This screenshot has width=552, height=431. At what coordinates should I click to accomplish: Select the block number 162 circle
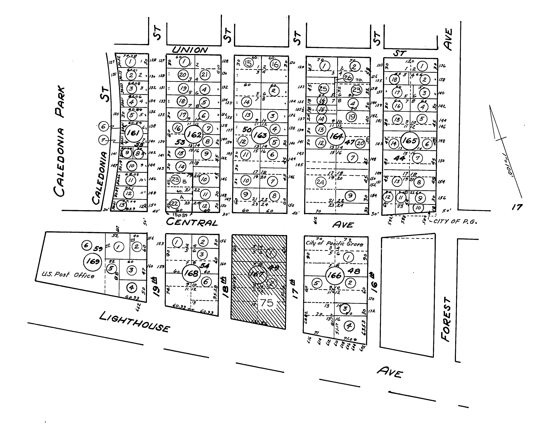click(x=194, y=134)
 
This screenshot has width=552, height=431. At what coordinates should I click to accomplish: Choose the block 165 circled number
click(x=409, y=141)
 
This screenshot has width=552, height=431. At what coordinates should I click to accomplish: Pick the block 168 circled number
click(x=191, y=273)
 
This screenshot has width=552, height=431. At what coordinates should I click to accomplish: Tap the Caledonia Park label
click(x=60, y=142)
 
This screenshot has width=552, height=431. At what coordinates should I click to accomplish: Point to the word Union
click(x=190, y=50)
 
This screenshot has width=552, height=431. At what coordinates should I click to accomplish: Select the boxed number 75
click(x=267, y=303)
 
